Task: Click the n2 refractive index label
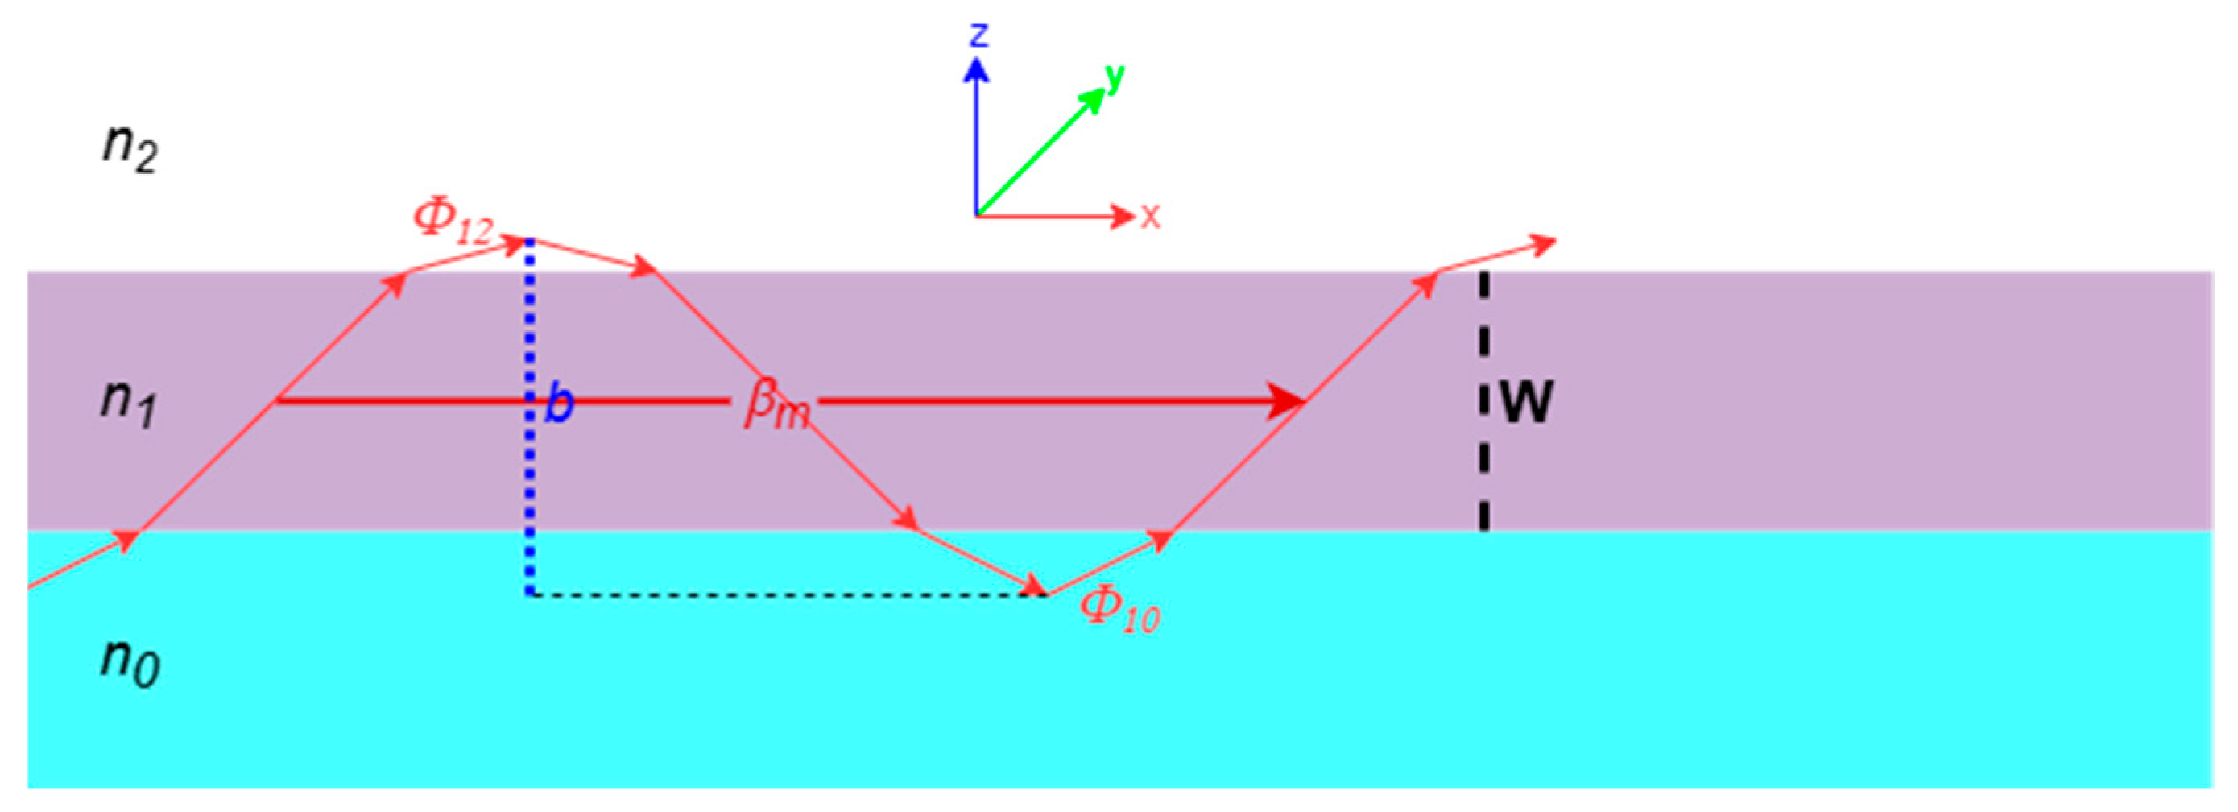pos(130,147)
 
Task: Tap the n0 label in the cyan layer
pos(130,662)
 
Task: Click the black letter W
pos(1526,402)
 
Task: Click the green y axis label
pos(1114,78)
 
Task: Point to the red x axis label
pos(1150,216)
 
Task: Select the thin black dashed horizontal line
pos(782,594)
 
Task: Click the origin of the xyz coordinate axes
pos(977,215)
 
